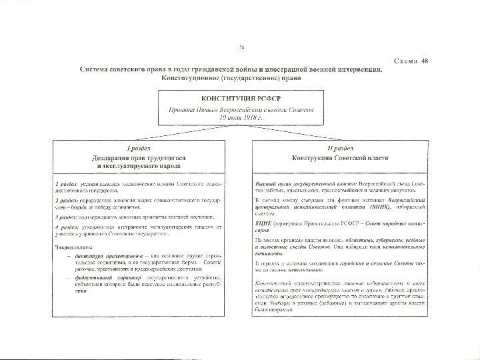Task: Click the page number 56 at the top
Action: coord(241,46)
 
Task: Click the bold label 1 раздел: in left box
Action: coord(67,181)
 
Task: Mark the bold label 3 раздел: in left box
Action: coord(67,216)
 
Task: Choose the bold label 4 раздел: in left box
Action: coord(67,228)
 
